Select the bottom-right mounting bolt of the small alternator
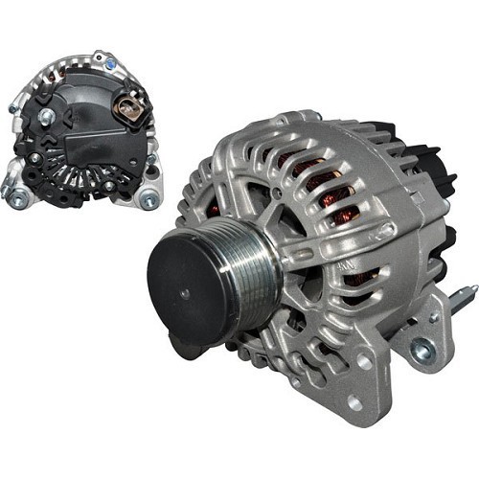[x=149, y=200]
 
